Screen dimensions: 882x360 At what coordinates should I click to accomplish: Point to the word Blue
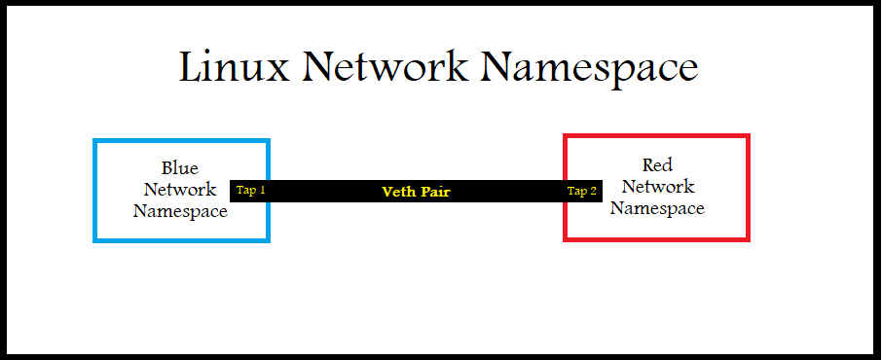(x=180, y=168)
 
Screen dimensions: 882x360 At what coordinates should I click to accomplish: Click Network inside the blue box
(x=180, y=190)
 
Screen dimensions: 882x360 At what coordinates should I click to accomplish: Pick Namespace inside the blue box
(x=180, y=211)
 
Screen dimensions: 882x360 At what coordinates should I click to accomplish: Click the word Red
(x=657, y=164)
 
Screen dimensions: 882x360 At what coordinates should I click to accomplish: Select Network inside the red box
(x=657, y=186)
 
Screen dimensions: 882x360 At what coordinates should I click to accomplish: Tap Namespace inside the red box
(x=657, y=207)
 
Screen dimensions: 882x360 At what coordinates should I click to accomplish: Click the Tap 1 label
(x=251, y=191)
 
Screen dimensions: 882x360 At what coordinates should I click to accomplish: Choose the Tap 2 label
(x=582, y=191)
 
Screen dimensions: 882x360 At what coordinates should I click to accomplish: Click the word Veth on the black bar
(x=400, y=192)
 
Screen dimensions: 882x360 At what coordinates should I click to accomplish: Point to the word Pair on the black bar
(x=435, y=192)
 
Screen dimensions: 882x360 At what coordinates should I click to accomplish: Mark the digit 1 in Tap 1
(x=262, y=191)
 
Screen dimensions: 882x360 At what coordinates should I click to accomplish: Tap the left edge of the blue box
(x=95, y=190)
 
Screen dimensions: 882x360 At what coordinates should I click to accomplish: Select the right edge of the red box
(x=747, y=187)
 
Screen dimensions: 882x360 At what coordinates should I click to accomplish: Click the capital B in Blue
(x=167, y=168)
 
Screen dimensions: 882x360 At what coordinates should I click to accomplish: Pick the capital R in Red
(x=647, y=164)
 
